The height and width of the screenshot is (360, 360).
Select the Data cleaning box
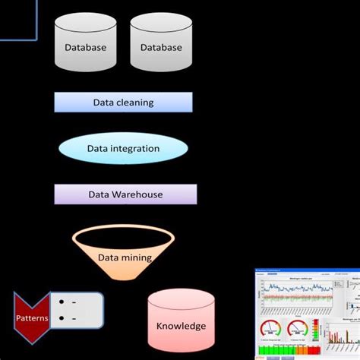pos(123,103)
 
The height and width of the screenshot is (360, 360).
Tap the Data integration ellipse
pos(123,148)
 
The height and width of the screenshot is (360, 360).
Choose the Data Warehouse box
pos(125,194)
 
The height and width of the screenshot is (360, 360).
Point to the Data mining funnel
pos(124,251)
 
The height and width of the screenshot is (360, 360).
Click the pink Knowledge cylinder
pos(181,324)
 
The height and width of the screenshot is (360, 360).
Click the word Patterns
pos(32,318)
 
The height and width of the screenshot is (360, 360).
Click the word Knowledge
pos(181,327)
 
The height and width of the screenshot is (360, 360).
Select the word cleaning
pos(134,103)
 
